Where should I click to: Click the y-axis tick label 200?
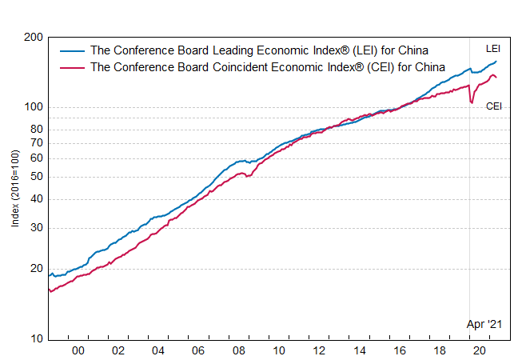(x=33, y=38)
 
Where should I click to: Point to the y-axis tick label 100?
(x=33, y=107)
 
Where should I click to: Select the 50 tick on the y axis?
(x=35, y=178)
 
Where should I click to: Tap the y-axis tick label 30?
(x=35, y=229)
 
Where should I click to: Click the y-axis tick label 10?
(x=35, y=339)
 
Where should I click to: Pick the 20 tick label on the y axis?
(x=35, y=269)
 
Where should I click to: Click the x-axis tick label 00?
(x=78, y=351)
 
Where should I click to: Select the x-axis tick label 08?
(x=238, y=351)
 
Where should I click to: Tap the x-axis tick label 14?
(x=359, y=351)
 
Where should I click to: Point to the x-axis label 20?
(x=480, y=351)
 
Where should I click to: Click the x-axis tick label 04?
(x=157, y=351)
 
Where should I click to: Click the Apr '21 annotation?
(x=484, y=324)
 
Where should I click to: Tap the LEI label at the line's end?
(x=493, y=50)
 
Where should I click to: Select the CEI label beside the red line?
(x=494, y=106)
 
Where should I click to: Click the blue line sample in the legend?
(x=72, y=50)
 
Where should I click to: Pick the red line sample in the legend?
(x=72, y=67)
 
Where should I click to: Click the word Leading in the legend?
(x=231, y=50)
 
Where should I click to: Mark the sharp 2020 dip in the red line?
(x=472, y=102)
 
